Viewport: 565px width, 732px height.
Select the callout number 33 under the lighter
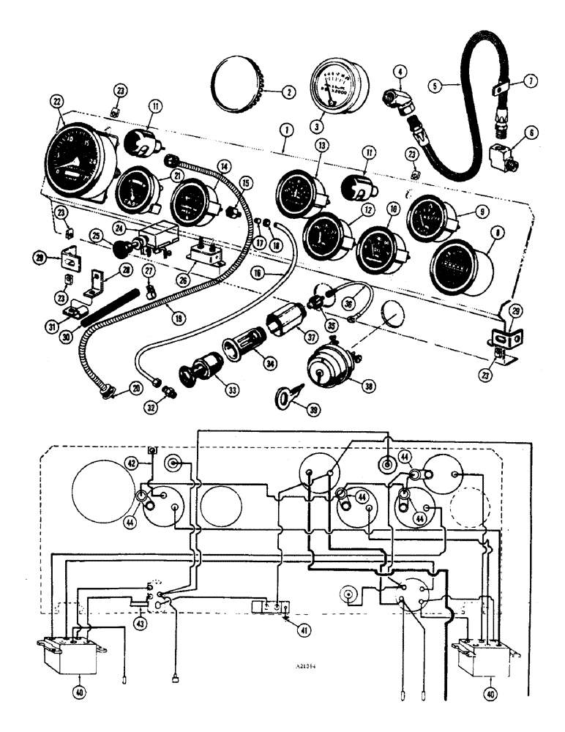click(x=232, y=390)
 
